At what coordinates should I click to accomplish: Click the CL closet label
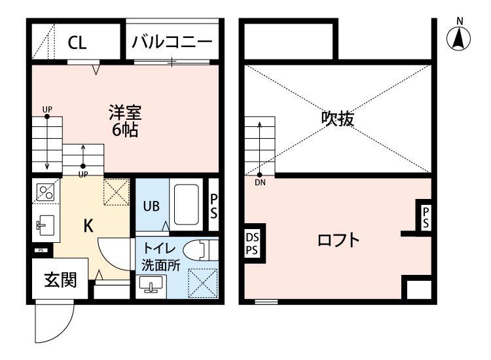(77, 43)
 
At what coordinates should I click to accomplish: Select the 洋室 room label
(124, 112)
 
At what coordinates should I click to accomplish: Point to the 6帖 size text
(124, 130)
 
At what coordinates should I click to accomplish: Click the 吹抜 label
(338, 118)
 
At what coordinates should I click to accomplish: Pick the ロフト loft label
(339, 240)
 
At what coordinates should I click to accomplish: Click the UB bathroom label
(151, 205)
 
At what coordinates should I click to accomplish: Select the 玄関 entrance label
(60, 279)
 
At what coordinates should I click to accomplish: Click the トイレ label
(160, 249)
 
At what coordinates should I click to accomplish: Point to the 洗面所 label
(160, 265)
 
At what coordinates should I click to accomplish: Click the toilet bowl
(198, 251)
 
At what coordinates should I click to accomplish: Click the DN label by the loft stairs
(260, 183)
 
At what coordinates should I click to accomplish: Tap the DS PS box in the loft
(252, 244)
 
